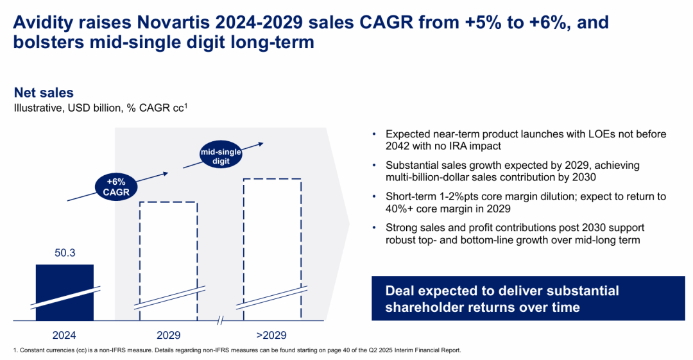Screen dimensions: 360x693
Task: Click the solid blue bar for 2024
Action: (x=64, y=292)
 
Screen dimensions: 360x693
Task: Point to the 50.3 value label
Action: (x=64, y=253)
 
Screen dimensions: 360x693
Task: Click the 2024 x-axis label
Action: (x=64, y=335)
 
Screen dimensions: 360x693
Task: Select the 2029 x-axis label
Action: (x=168, y=335)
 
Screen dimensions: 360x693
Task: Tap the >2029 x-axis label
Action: (x=271, y=335)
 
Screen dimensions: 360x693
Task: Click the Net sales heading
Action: (x=44, y=93)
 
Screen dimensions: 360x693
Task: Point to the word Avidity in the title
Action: (x=49, y=23)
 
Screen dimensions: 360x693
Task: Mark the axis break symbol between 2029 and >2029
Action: (x=219, y=320)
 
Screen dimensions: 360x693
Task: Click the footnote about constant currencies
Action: (x=237, y=350)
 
